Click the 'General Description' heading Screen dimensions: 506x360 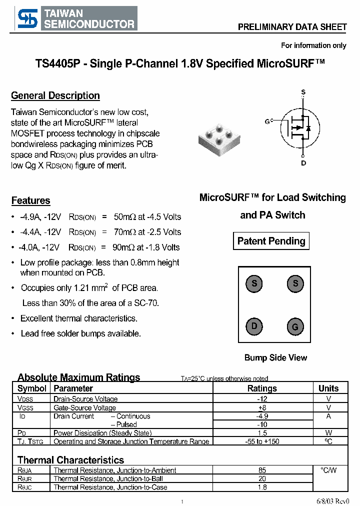(x=55, y=95)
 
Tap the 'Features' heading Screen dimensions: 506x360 (x=31, y=200)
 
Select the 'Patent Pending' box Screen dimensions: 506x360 (x=271, y=241)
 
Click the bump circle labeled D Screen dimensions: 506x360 (x=254, y=326)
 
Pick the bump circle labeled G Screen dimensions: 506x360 (x=295, y=327)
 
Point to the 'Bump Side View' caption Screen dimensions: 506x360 (x=275, y=357)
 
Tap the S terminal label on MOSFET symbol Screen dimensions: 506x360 (x=303, y=92)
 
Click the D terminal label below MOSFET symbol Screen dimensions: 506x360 (x=303, y=163)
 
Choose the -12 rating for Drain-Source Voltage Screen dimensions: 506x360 (x=262, y=399)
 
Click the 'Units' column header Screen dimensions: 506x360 (x=328, y=388)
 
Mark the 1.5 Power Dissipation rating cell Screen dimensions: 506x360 (x=262, y=433)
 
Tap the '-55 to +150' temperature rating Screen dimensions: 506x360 (x=262, y=441)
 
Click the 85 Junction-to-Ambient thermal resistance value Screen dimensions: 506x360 (x=262, y=470)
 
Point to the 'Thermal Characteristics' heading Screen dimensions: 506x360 (x=70, y=460)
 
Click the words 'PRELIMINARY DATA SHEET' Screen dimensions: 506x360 (x=292, y=27)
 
